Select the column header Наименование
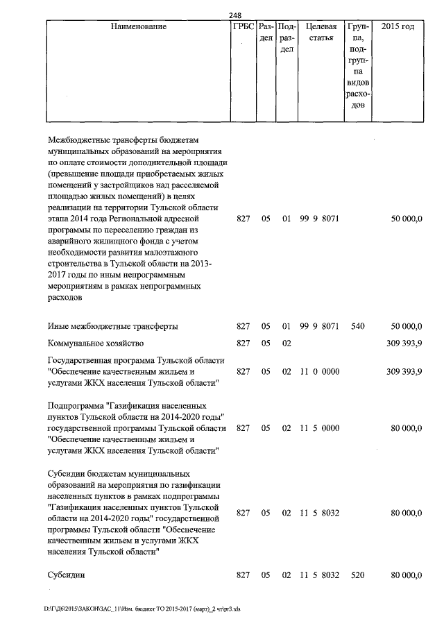pos(139,26)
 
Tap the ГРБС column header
pos(242,26)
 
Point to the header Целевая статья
pos(321,32)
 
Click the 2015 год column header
pos(398,26)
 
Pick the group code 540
pos(358,325)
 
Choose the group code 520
pos(358,575)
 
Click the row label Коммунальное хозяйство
pos(94,343)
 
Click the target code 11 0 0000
pos(319,372)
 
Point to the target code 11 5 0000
pos(319,428)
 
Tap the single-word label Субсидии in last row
pos(67,575)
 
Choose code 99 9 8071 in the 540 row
pos(319,325)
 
